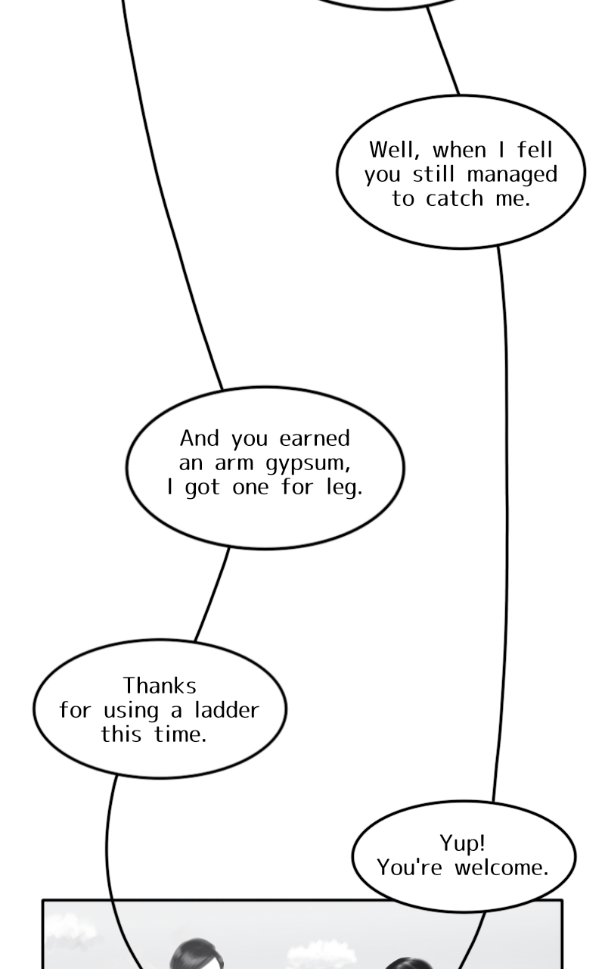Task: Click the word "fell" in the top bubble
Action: click(535, 149)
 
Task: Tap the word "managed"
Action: click(512, 175)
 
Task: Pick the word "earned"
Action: click(315, 438)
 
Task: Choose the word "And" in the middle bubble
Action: click(199, 438)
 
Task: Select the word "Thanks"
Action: click(160, 686)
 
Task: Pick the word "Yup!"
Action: click(462, 843)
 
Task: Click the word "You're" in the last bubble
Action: click(409, 868)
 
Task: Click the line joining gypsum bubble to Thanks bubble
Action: click(213, 594)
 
